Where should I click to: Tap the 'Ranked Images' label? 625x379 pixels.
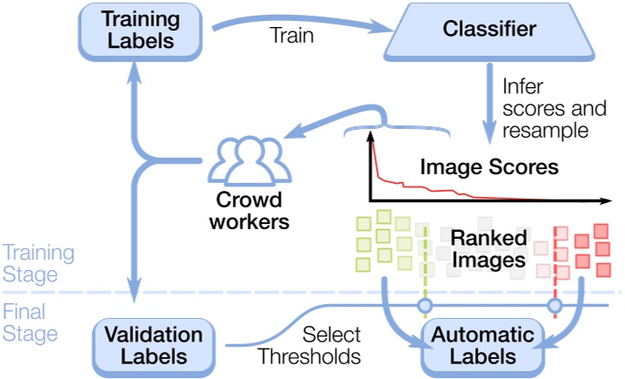click(x=488, y=247)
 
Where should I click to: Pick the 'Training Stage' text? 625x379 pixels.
click(x=37, y=263)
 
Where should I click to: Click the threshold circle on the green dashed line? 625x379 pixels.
click(x=424, y=306)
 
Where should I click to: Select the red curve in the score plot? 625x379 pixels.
click(x=410, y=182)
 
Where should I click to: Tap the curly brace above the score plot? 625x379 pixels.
click(x=397, y=131)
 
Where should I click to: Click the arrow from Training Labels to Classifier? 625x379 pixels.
click(x=296, y=24)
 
